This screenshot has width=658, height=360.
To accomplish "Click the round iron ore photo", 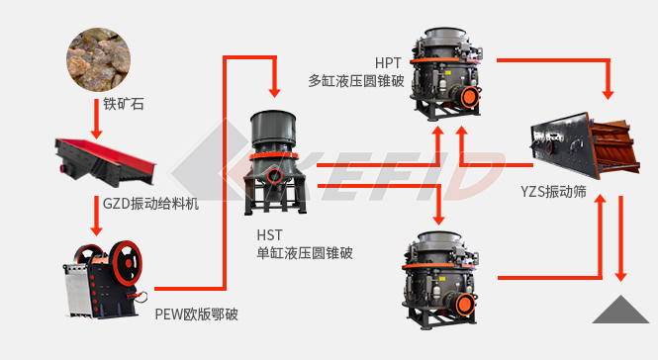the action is (98, 59).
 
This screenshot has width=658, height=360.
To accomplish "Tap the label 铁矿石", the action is (124, 104).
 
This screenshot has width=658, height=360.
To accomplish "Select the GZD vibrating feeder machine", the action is (105, 161).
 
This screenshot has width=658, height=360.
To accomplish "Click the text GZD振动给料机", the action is (150, 204).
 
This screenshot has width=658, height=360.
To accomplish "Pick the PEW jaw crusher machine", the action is (105, 280).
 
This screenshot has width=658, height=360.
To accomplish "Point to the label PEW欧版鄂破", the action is (196, 314).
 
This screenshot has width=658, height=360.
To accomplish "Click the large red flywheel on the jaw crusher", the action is (126, 263).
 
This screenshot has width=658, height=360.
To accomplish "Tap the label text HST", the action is (269, 235).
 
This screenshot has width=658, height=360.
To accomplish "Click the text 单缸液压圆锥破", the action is (305, 253).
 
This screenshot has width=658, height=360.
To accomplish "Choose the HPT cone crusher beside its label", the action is (446, 74).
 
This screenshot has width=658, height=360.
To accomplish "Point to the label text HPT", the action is (388, 63).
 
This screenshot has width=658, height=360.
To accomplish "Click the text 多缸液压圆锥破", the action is (356, 80).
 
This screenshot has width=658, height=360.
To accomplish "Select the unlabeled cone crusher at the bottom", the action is (440, 280).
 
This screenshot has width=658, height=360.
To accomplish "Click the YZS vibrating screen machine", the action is (585, 145).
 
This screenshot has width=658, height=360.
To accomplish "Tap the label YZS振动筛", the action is (553, 191).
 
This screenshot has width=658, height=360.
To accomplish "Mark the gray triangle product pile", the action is (620, 310).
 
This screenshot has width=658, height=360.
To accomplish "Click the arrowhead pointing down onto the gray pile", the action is (620, 276).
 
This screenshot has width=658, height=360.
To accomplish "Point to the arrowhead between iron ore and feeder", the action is (97, 134).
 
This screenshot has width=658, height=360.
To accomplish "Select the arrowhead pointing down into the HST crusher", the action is (274, 92).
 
